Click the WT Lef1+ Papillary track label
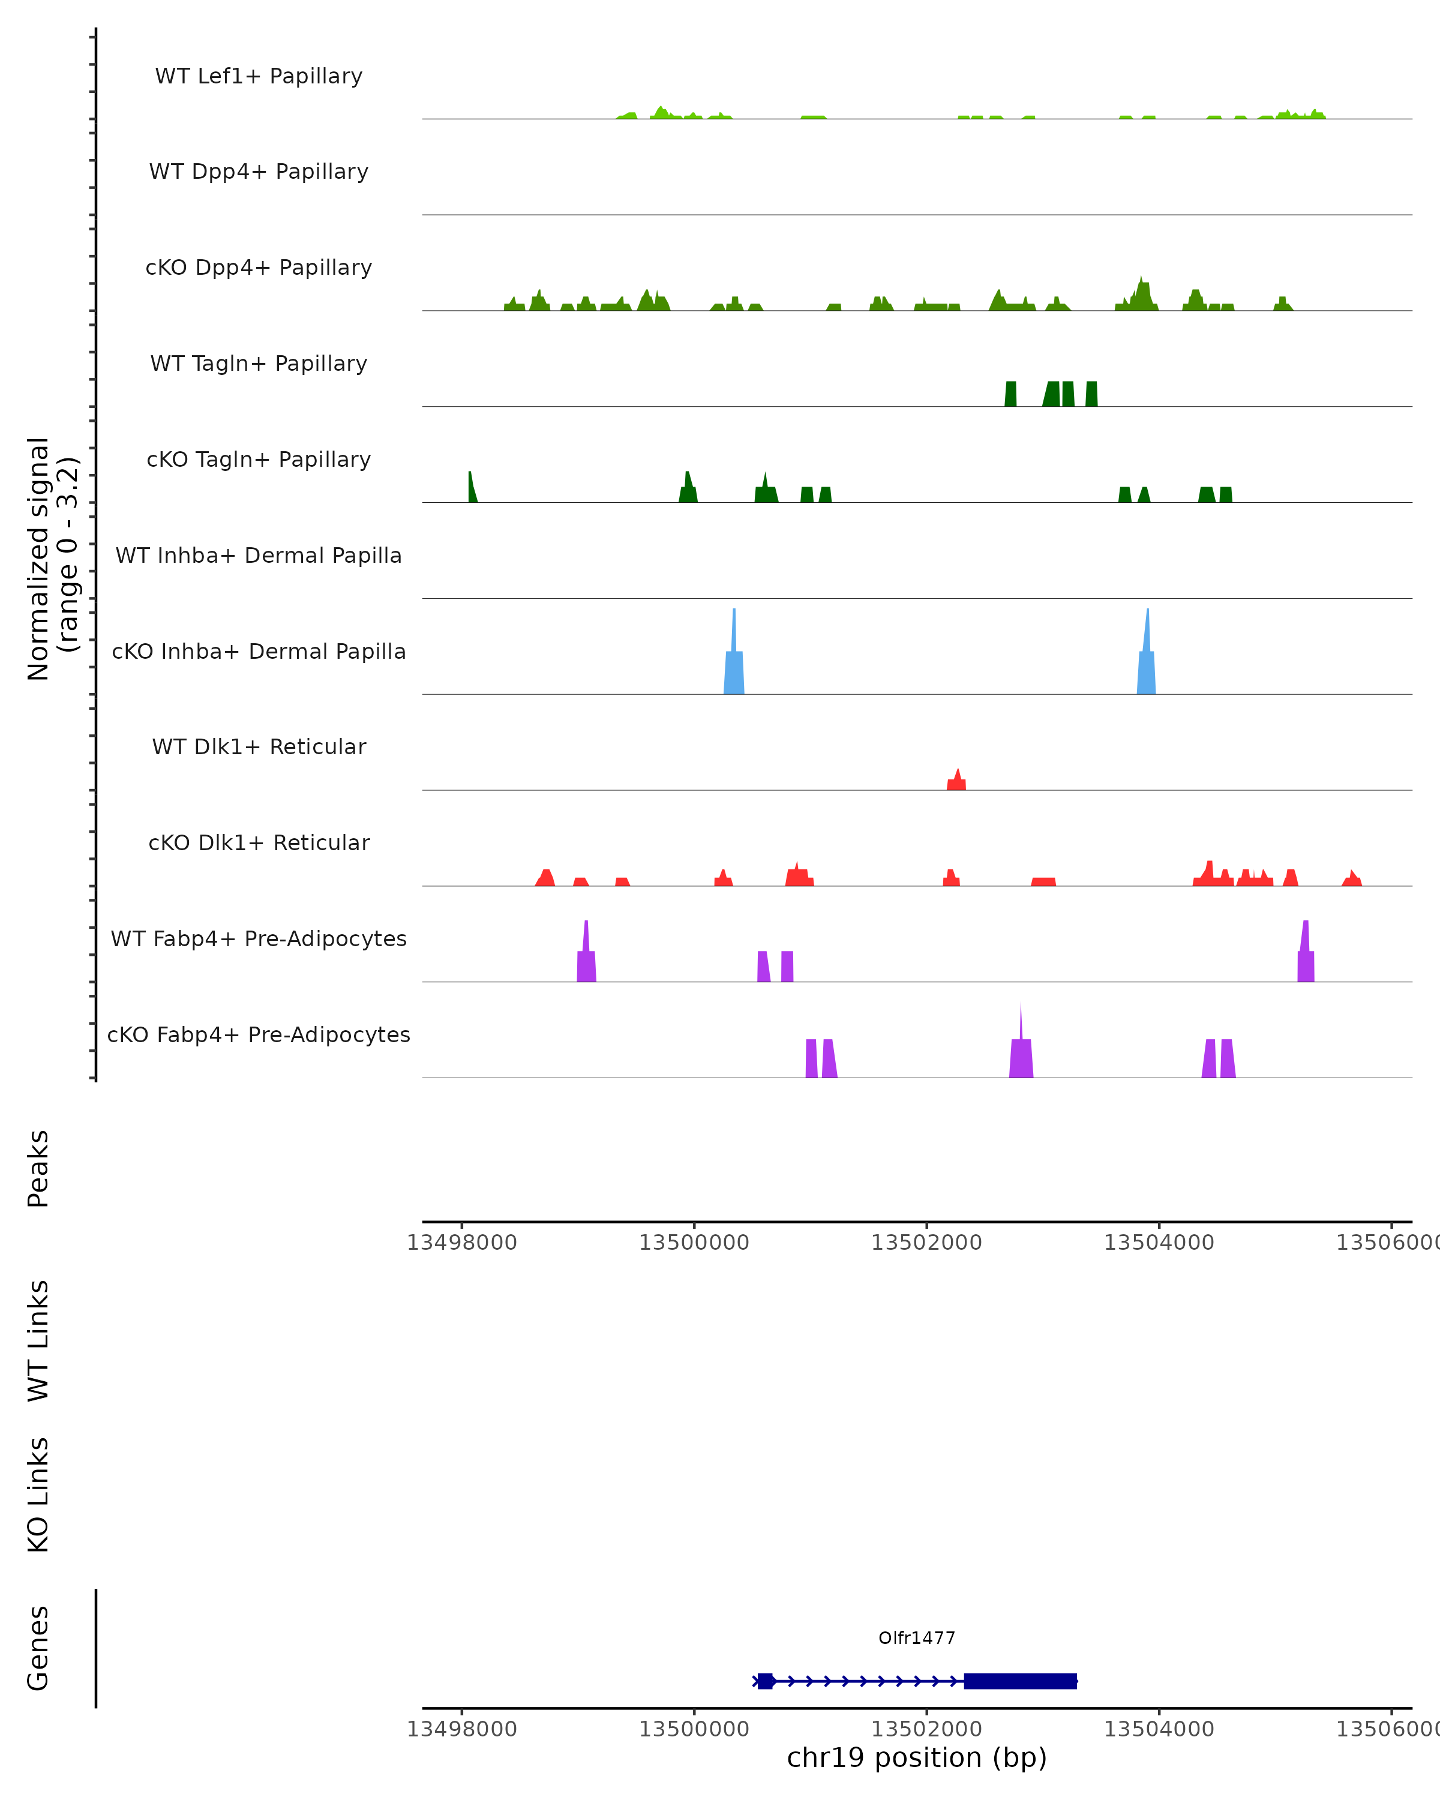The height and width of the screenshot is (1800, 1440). [259, 76]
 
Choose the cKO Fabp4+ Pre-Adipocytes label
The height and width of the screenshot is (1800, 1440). [259, 1034]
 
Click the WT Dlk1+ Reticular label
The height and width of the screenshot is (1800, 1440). [259, 746]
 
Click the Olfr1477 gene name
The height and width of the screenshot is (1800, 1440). [917, 1638]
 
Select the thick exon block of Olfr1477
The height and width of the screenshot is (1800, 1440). [1020, 1681]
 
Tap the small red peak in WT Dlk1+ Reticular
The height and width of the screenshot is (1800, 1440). [956, 781]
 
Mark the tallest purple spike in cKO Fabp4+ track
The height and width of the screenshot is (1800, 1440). [1021, 1052]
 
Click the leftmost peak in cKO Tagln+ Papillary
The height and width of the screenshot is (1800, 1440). [472, 489]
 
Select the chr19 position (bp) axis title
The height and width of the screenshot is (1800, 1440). [917, 1757]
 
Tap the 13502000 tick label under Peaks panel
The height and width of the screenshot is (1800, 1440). [926, 1243]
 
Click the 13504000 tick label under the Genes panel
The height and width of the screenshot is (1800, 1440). [1159, 1729]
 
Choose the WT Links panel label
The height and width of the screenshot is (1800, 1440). [38, 1340]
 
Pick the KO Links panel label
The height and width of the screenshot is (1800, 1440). [38, 1495]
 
